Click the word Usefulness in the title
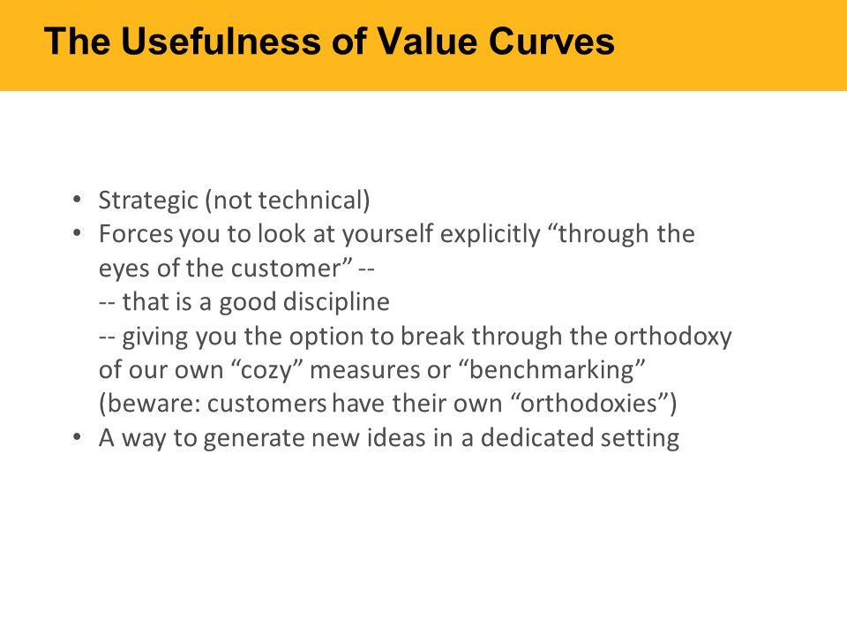pos(222,42)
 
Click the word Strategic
pos(148,201)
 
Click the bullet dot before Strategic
pos(78,200)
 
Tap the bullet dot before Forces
pos(78,233)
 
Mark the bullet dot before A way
pos(78,437)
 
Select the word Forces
pos(136,234)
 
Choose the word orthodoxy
pos(672,337)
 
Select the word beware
pos(154,404)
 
